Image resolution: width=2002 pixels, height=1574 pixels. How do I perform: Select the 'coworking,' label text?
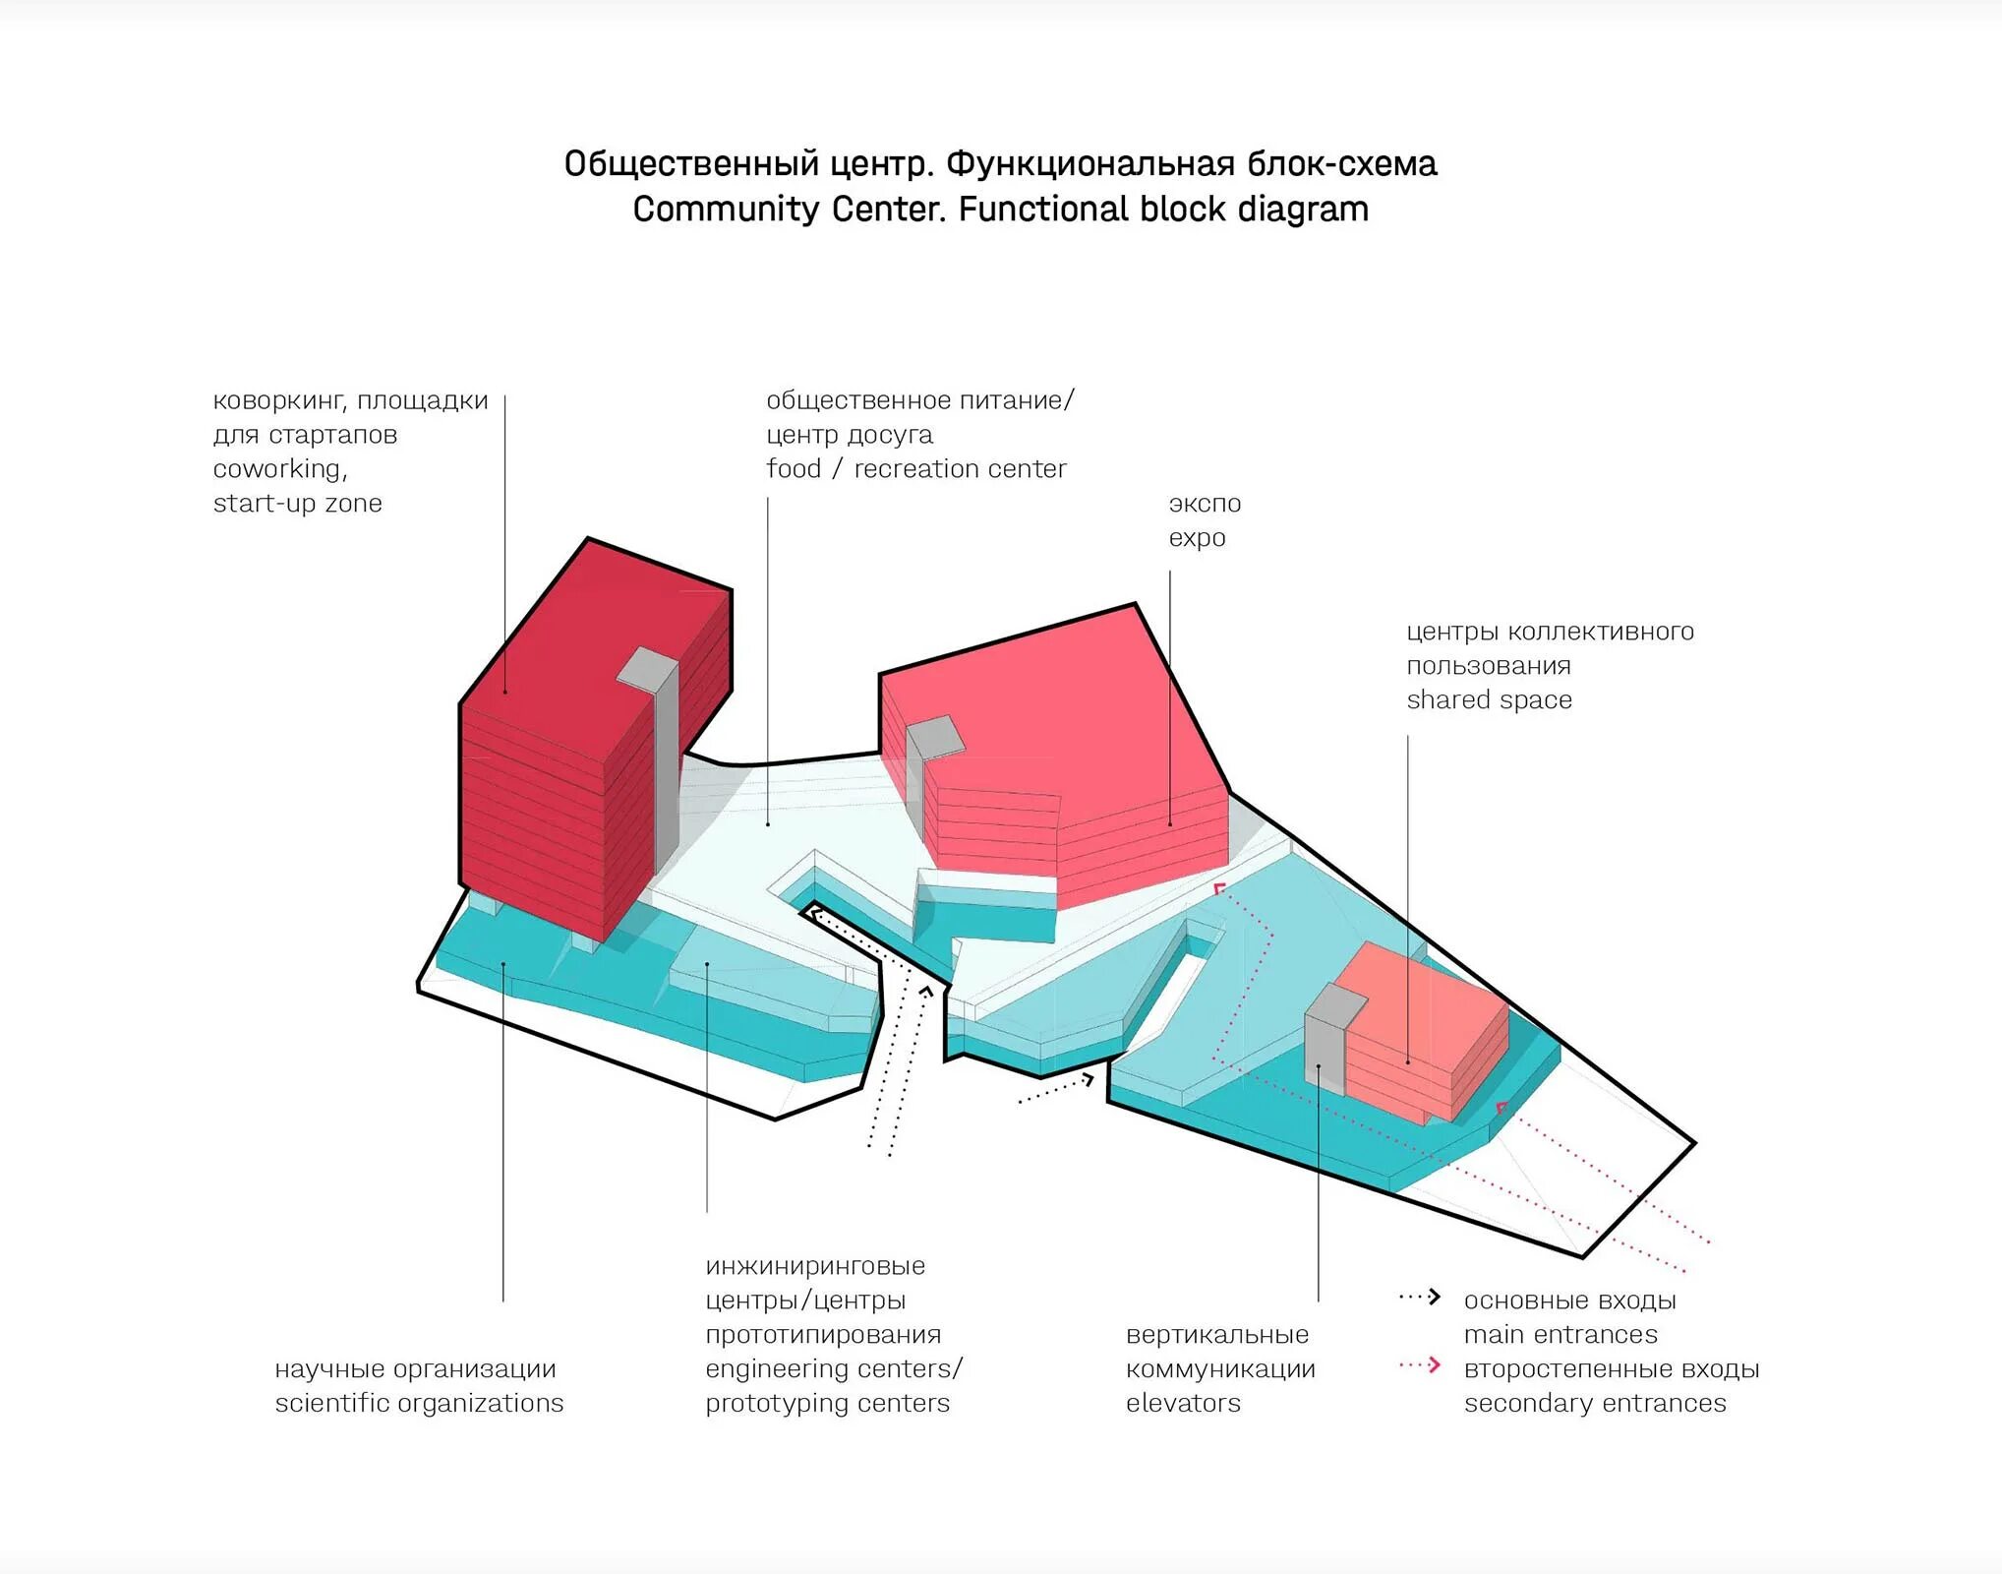pyautogui.click(x=280, y=469)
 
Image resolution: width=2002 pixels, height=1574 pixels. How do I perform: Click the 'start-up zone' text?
pyautogui.click(x=297, y=504)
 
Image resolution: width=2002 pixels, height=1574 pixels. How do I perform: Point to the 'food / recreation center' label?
pyautogui.click(x=915, y=469)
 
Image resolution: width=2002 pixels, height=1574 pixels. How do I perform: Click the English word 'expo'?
pyautogui.click(x=1197, y=538)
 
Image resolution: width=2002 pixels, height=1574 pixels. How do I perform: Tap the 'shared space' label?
pyautogui.click(x=1489, y=700)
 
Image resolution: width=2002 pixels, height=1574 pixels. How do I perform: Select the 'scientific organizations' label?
pyautogui.click(x=419, y=1403)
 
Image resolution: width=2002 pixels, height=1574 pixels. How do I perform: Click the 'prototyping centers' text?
pyautogui.click(x=827, y=1403)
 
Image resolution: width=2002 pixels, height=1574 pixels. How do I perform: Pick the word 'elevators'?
pyautogui.click(x=1183, y=1403)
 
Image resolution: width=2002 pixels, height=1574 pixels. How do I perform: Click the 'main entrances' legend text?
pyautogui.click(x=1560, y=1335)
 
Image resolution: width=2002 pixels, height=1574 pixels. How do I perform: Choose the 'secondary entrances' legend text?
pyautogui.click(x=1594, y=1403)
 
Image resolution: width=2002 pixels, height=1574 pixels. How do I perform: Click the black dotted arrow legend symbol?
pyautogui.click(x=1420, y=1298)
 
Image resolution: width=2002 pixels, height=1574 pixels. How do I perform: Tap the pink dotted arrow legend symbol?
pyautogui.click(x=1420, y=1365)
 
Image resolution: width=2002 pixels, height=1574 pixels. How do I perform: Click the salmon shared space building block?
pyautogui.click(x=1426, y=1033)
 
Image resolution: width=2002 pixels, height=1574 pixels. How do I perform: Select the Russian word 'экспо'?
pyautogui.click(x=1205, y=504)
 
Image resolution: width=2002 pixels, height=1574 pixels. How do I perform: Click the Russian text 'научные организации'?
pyautogui.click(x=415, y=1369)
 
